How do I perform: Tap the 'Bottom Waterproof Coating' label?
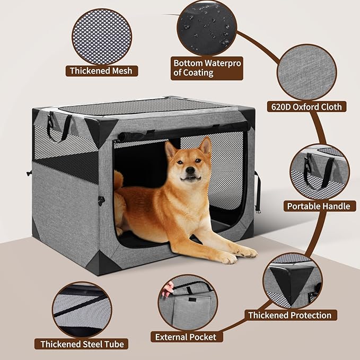pyautogui.click(x=207, y=68)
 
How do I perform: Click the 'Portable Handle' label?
pyautogui.click(x=318, y=206)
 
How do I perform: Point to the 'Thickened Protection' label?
pyautogui.click(x=289, y=315)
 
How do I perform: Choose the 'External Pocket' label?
pyautogui.click(x=186, y=337)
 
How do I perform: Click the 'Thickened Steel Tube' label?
pyautogui.click(x=82, y=344)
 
